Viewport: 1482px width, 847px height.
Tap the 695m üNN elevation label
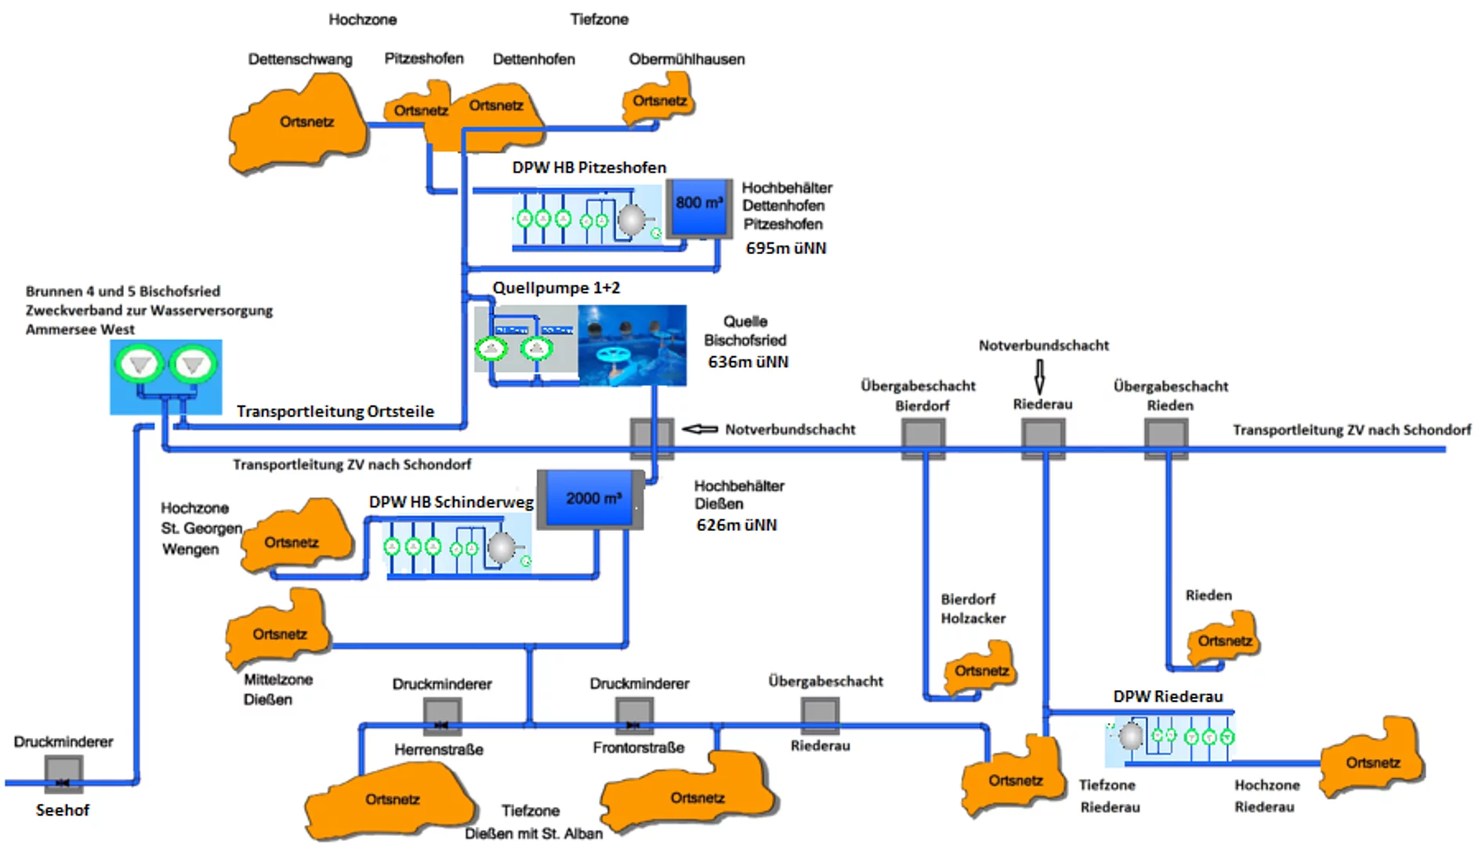pos(785,249)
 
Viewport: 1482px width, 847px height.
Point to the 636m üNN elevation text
pos(748,362)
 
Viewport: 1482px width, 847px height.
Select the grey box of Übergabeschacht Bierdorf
pos(922,435)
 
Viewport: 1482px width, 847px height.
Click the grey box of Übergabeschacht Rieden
pos(1165,435)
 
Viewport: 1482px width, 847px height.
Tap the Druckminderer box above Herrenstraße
pos(442,715)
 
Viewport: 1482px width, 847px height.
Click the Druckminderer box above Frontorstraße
pos(634,714)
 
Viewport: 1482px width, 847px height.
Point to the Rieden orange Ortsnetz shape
pos(1223,639)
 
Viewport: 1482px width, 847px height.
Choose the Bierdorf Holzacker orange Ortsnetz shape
pos(980,669)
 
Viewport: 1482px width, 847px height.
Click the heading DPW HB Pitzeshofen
pos(589,168)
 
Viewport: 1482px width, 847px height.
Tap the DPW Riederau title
pos(1167,696)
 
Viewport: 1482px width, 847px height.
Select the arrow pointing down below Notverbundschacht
pos(1039,376)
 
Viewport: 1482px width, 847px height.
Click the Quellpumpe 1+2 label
pos(556,288)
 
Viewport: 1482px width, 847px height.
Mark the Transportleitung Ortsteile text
pos(335,412)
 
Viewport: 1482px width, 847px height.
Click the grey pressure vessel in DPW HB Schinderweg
pos(501,547)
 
